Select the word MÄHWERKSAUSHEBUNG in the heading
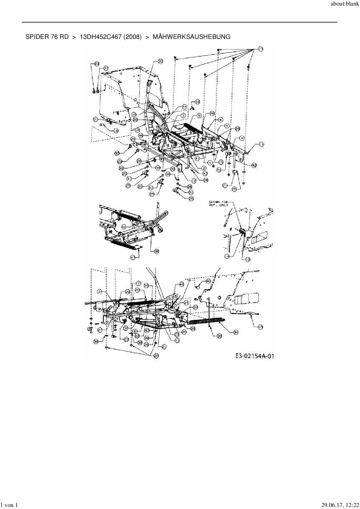coord(191,37)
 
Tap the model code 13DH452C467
coord(100,37)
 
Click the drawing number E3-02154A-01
coord(255,356)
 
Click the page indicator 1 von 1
coord(10,505)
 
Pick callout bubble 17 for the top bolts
coord(260,49)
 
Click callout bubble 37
coord(106,68)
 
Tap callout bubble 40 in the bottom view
coord(208,281)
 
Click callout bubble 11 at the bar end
coord(261,144)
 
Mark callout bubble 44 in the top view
coord(184,107)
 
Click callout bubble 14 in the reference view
coord(227,256)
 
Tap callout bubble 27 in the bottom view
coord(100,330)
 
